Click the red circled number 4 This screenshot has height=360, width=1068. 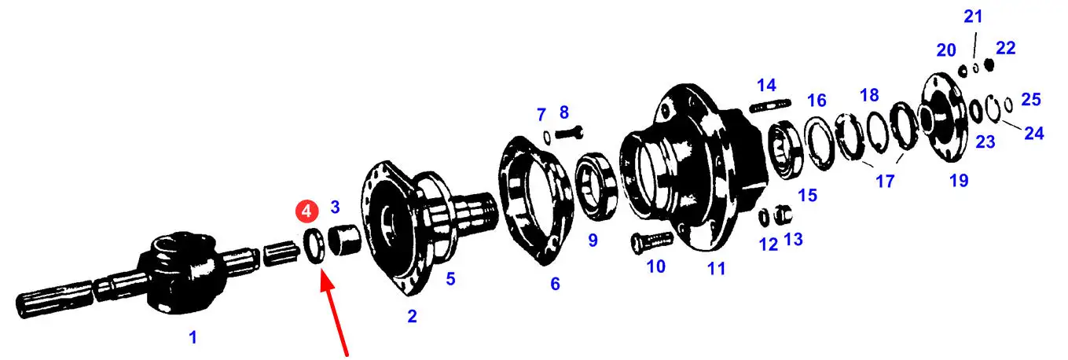coord(306,211)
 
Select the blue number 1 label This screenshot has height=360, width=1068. coord(193,337)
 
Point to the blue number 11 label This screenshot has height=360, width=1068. coord(716,269)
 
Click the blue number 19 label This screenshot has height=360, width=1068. coord(959,181)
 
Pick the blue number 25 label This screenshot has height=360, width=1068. coord(1031,99)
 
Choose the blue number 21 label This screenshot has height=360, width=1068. coord(973,17)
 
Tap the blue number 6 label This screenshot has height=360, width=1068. coord(555,285)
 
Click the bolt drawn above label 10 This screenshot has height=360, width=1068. coord(651,242)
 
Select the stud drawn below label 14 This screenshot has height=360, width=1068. coord(769,105)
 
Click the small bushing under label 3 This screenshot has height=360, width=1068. coord(343,240)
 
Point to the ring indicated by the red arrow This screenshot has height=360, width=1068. coord(314,246)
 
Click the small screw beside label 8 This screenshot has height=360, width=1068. coord(569,133)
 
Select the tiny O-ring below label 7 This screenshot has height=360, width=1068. coord(547,138)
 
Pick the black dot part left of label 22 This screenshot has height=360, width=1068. coord(989,64)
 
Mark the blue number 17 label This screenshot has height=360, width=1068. coord(885,182)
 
